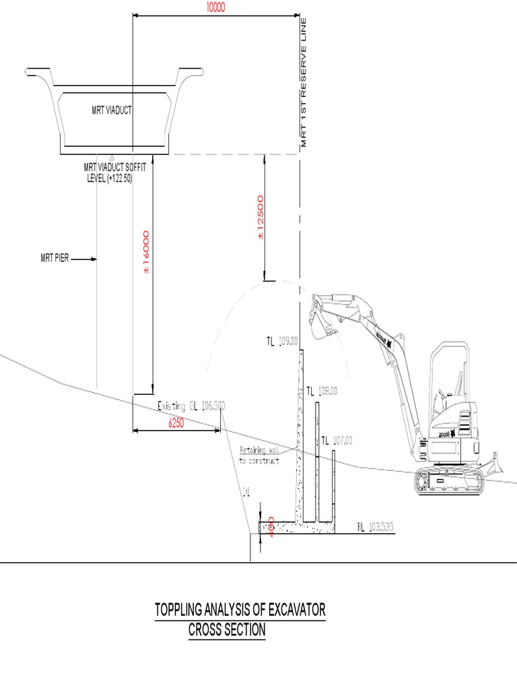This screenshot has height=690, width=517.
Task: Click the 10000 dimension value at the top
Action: (215, 7)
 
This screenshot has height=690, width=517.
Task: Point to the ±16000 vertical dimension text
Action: (146, 252)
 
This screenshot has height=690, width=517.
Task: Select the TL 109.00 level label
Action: (281, 342)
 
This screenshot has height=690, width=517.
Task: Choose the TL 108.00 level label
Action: (322, 391)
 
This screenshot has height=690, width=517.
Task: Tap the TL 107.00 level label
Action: (337, 441)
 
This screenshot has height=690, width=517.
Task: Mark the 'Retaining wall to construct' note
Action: (258, 456)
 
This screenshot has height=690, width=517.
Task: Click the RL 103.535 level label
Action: (376, 526)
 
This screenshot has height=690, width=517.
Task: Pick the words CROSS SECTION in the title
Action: (226, 631)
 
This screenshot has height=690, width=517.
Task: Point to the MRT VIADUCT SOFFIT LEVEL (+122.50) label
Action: (114, 172)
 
